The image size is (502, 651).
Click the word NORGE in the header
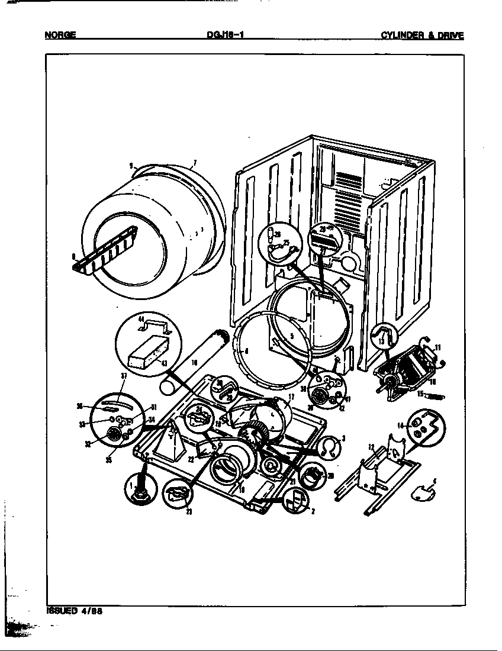click(x=60, y=35)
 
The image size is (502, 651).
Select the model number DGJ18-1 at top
click(x=222, y=35)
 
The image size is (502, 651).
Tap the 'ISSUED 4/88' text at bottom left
click(x=75, y=611)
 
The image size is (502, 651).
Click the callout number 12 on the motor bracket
click(x=372, y=446)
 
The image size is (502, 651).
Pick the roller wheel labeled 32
click(x=111, y=437)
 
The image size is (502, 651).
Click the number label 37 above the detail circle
click(x=124, y=376)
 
